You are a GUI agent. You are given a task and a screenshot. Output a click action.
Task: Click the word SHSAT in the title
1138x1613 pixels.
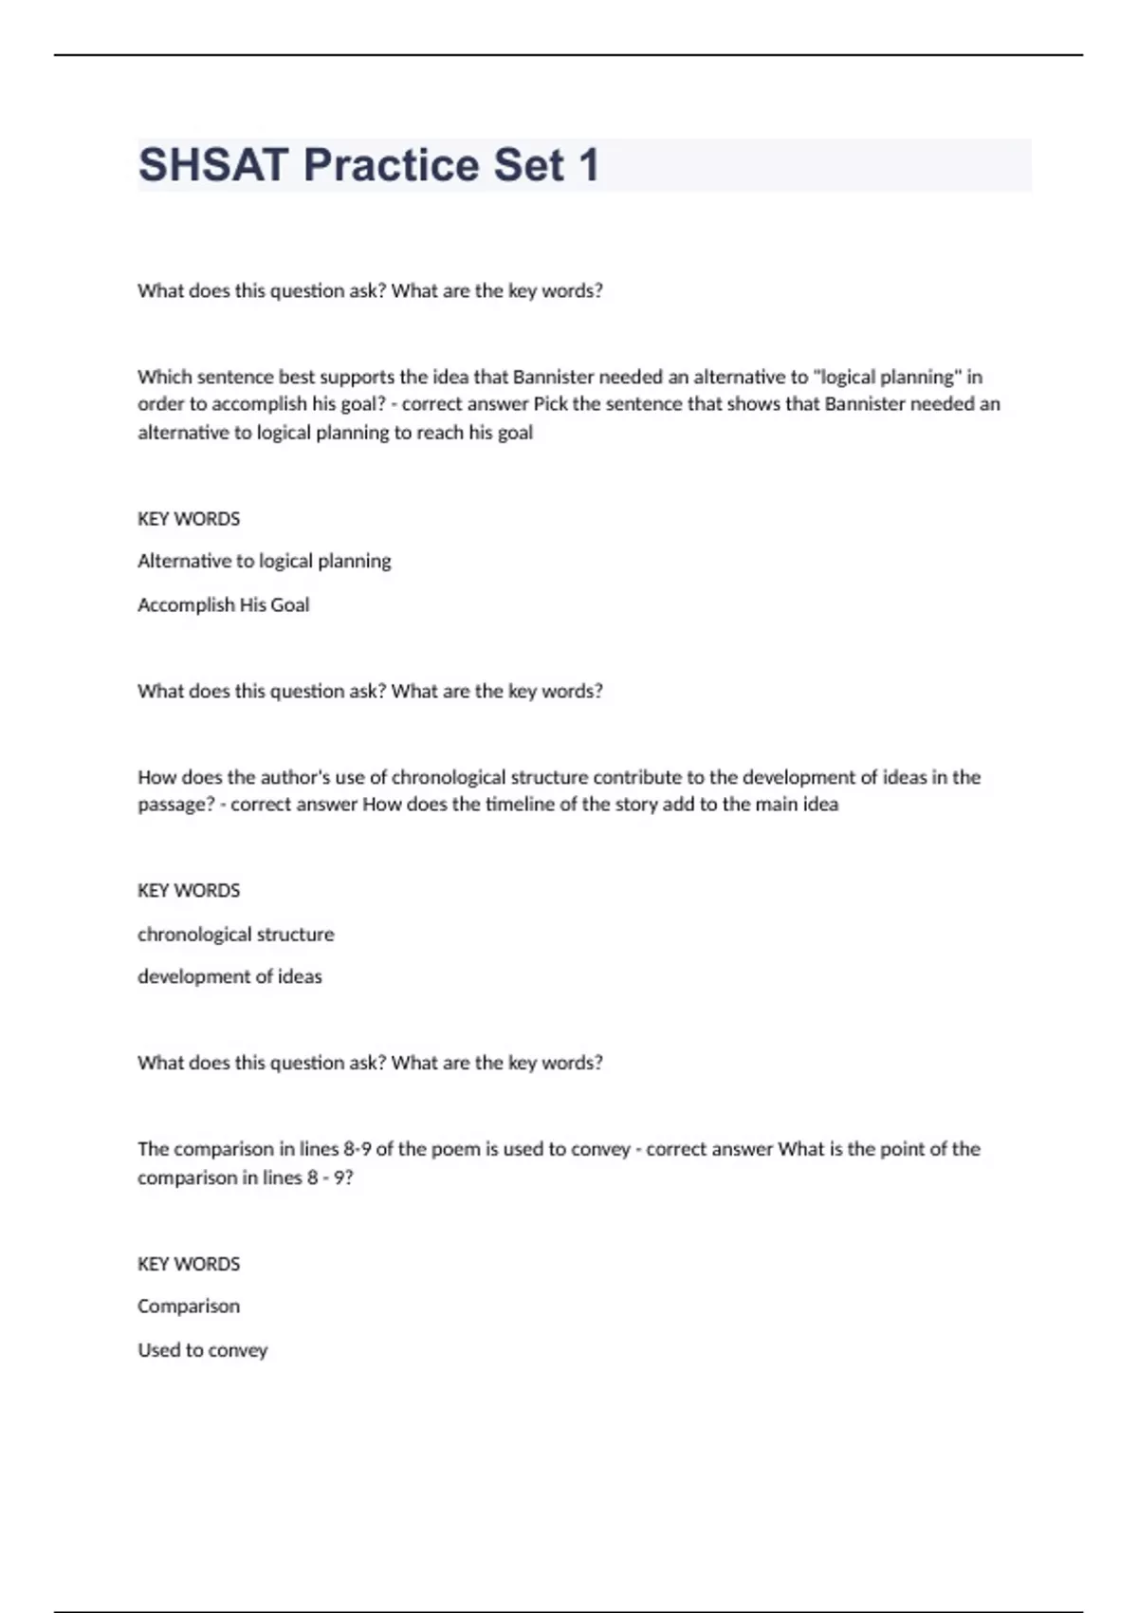213,165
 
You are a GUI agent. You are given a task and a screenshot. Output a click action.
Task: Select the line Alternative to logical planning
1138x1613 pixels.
264,561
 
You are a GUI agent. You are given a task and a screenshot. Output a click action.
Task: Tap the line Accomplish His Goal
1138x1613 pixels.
223,604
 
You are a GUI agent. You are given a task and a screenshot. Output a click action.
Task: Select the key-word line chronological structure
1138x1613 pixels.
235,935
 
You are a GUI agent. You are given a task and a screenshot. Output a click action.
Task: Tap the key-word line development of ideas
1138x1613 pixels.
229,976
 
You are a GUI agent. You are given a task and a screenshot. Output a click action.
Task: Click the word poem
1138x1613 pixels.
455,1149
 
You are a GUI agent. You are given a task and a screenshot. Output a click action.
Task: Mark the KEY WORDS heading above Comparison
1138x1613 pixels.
189,1264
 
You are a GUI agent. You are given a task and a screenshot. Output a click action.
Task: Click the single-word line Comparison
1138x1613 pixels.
189,1307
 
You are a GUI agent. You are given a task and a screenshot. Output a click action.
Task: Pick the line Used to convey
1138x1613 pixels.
202,1350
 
